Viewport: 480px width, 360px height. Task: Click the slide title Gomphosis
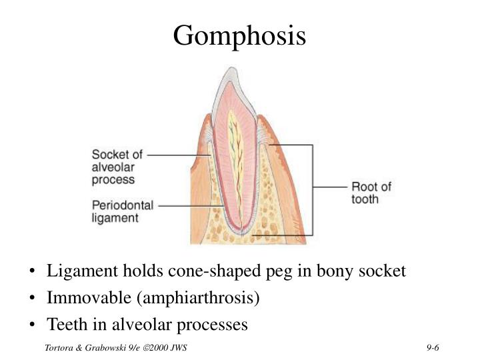click(239, 35)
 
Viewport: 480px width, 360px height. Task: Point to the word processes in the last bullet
click(214, 325)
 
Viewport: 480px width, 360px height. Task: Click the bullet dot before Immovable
click(33, 298)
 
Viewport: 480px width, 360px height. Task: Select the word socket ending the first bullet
click(382, 271)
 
